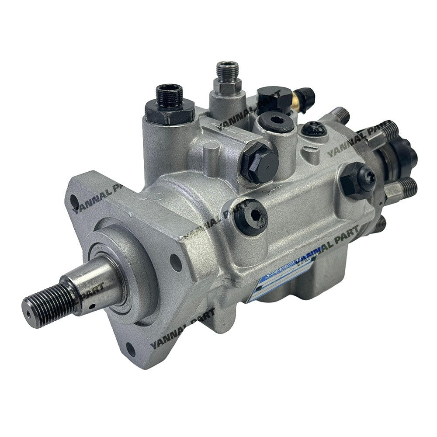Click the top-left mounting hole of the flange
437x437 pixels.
pyautogui.click(x=74, y=202)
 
